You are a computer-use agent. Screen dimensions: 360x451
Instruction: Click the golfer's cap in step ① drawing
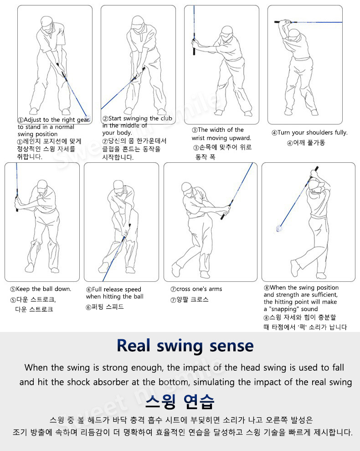tap(46, 21)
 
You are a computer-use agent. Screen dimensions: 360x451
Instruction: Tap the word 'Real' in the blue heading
tap(134, 346)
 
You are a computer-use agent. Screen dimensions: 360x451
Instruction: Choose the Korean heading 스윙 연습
tap(180, 402)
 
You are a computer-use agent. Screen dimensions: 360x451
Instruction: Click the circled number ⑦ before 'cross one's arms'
tap(173, 289)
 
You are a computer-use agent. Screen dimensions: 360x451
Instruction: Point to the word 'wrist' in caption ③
tap(198, 138)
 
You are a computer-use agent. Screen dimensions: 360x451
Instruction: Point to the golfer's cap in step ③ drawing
tap(226, 31)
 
